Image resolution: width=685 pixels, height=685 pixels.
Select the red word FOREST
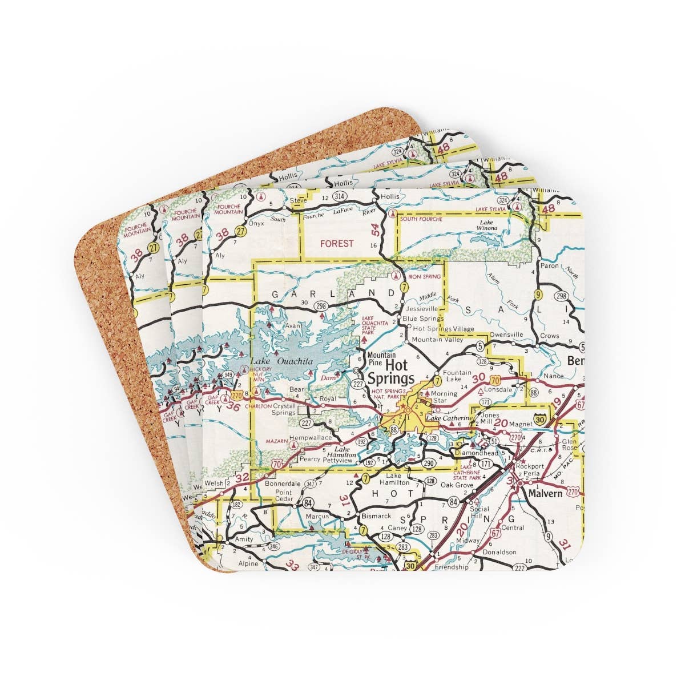click(337, 243)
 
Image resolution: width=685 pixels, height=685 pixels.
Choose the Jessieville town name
click(421, 308)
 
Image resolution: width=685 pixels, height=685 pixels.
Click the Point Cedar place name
click(284, 495)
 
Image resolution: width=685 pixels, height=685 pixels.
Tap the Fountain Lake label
click(456, 376)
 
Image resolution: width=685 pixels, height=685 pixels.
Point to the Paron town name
click(550, 265)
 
